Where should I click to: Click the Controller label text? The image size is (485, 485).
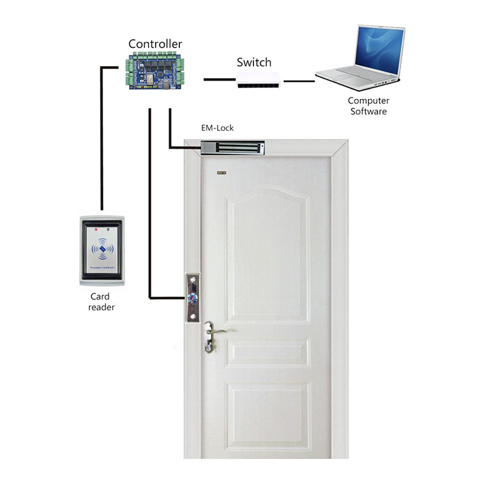point(155,44)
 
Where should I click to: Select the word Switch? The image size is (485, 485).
point(253,62)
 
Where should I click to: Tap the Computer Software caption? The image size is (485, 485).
point(368,106)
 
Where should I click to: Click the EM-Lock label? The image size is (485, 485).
point(217,128)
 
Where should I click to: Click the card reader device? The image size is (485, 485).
point(102,250)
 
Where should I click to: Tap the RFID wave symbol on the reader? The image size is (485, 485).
point(102,249)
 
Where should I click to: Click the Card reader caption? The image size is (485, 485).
point(101,302)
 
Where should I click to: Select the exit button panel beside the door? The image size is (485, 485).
point(193,297)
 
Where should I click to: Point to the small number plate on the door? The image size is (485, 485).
point(220,173)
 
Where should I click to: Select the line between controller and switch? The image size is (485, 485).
point(218,79)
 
